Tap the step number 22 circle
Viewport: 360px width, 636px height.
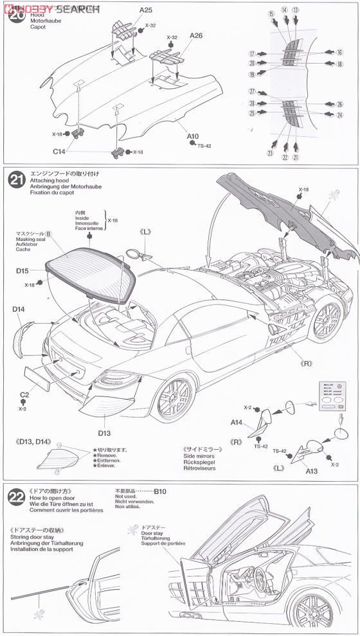tap(17, 497)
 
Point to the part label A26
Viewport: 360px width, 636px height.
tap(196, 35)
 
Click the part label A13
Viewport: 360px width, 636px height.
tap(311, 471)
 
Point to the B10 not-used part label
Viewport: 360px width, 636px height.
tap(159, 491)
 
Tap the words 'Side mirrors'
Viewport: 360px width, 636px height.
tap(200, 455)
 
